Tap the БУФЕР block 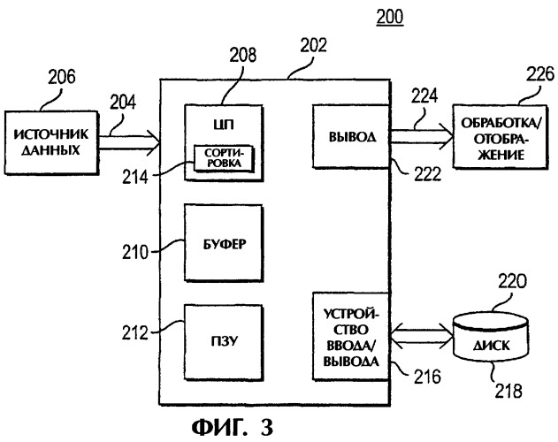point(224,241)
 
